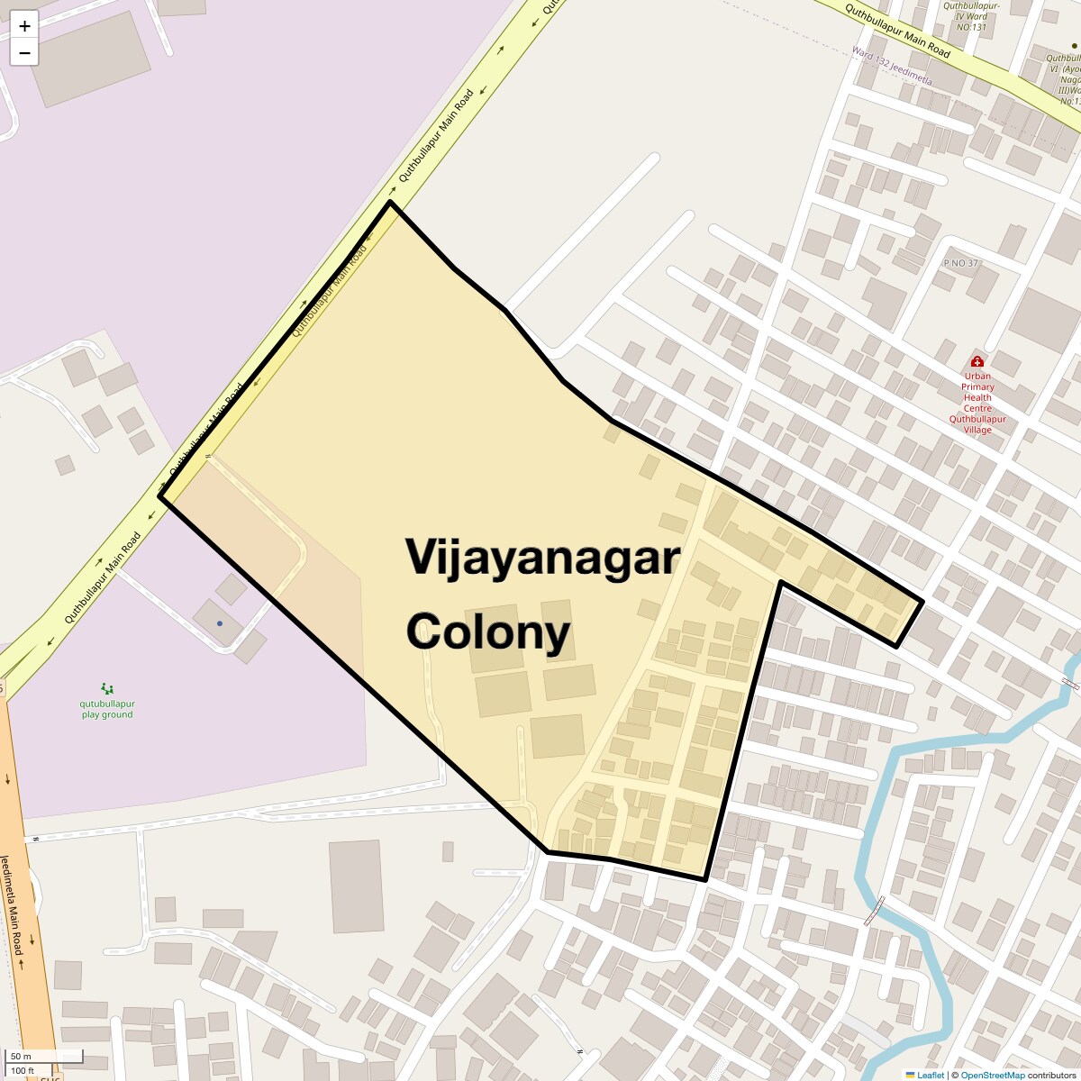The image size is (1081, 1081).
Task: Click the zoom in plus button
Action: [24, 26]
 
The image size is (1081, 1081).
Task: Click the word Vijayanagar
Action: [541, 557]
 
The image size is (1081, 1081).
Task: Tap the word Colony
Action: [488, 631]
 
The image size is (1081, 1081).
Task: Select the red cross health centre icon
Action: [977, 361]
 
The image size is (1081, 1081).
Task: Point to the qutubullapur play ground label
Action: [106, 709]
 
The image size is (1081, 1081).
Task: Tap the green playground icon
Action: [107, 688]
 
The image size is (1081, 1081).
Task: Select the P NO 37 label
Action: [960, 263]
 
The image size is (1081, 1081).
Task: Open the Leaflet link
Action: [930, 1075]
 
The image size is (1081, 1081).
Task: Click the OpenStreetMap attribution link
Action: [992, 1075]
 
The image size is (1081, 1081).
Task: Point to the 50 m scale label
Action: [21, 1056]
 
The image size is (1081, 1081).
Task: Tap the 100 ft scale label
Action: [23, 1070]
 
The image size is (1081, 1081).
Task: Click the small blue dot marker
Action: [219, 623]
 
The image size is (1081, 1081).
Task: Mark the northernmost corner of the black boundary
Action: [390, 203]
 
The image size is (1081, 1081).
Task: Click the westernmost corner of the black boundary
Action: [160, 495]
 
